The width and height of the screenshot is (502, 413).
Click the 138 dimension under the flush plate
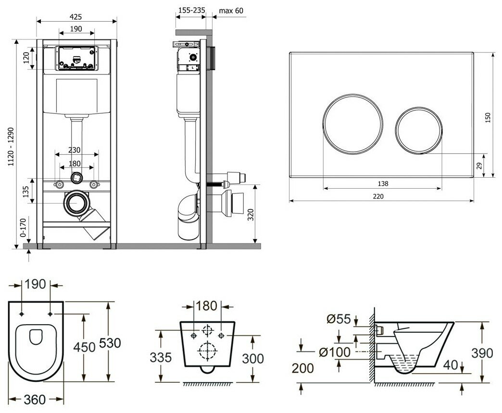(383, 183)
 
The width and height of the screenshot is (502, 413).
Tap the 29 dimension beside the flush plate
(478, 166)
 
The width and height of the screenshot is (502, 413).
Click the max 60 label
(232, 10)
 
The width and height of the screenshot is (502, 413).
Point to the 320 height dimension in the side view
(249, 215)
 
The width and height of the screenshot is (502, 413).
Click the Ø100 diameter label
(334, 352)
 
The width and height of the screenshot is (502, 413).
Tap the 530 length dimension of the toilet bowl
(111, 343)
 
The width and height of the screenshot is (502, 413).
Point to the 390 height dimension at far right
(482, 353)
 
